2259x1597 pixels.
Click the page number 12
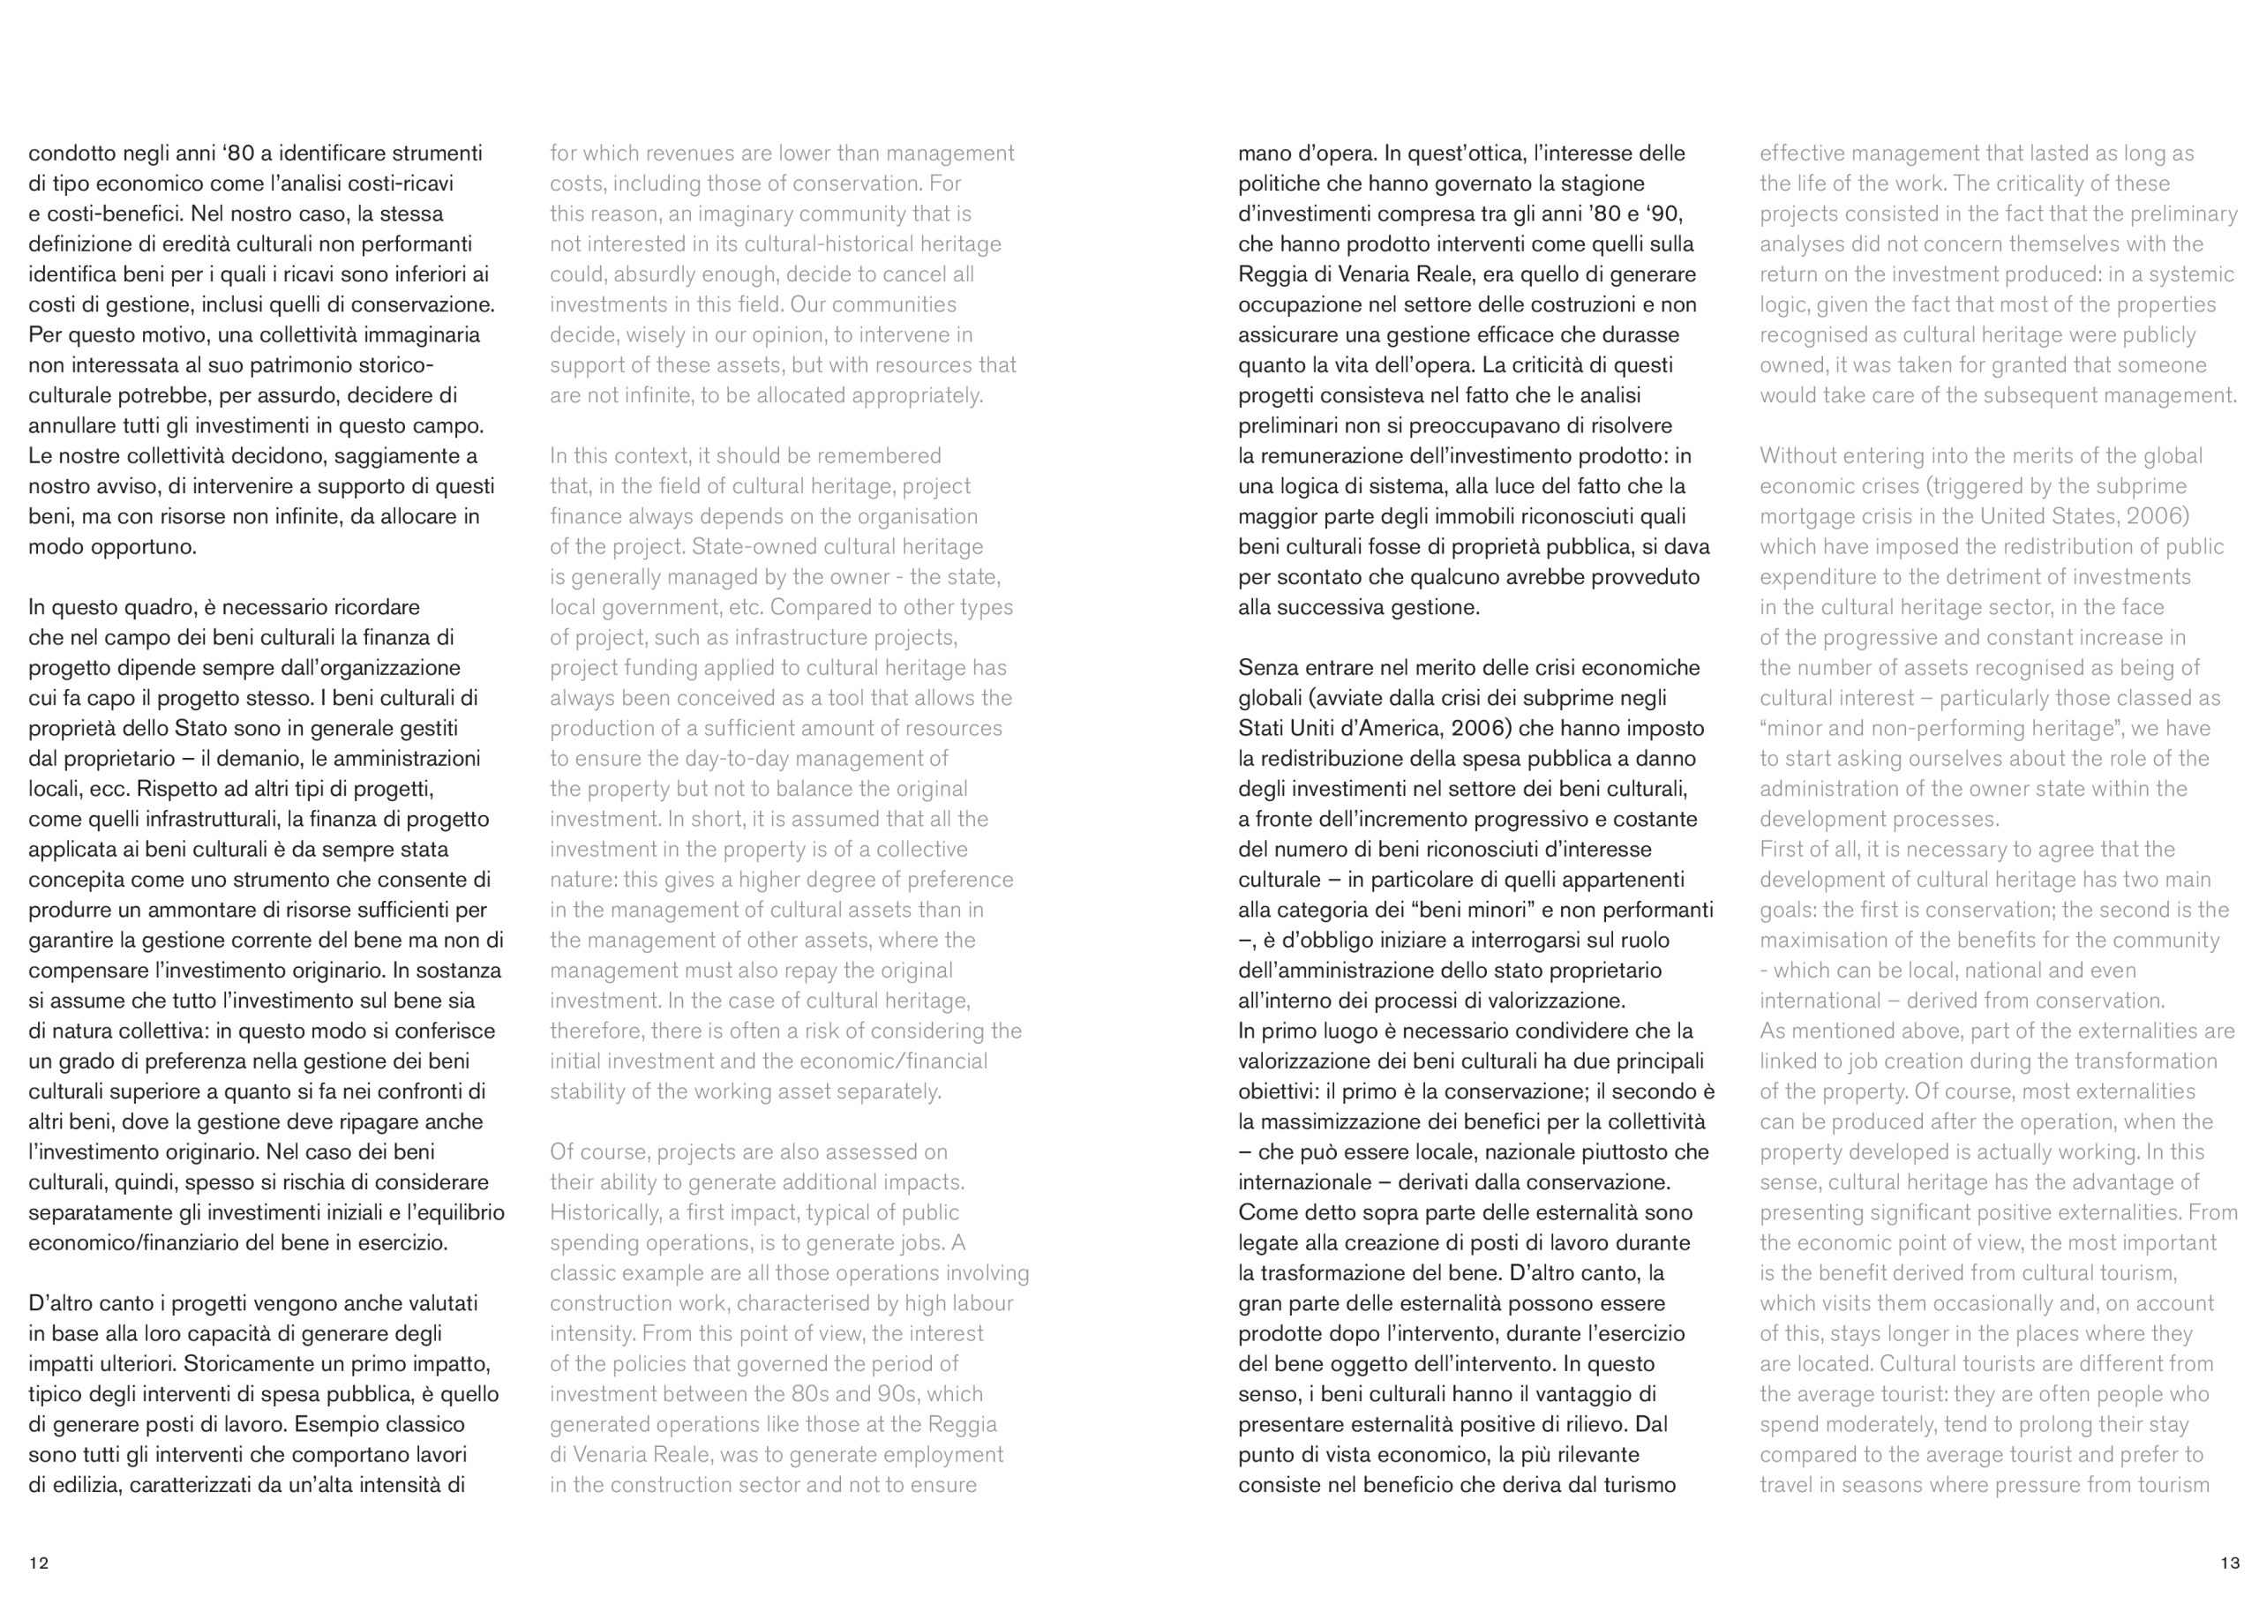[38, 1563]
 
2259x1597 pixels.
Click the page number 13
[2230, 1563]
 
